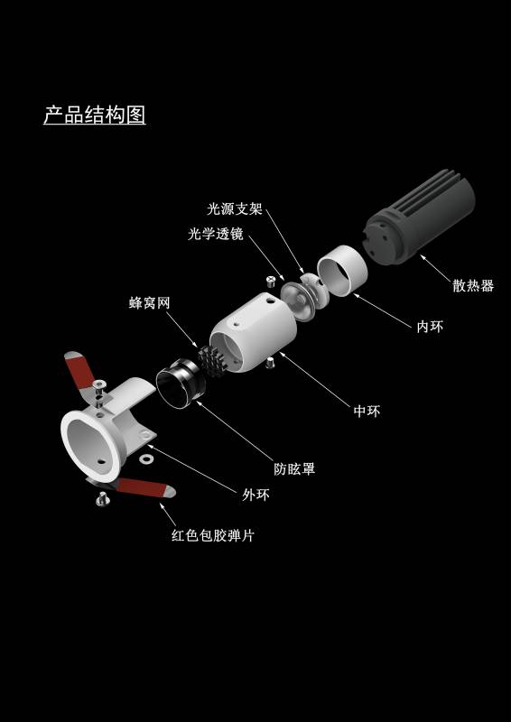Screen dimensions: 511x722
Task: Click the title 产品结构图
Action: click(95, 115)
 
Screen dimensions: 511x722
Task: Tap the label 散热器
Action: click(473, 286)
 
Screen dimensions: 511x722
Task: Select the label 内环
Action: click(430, 327)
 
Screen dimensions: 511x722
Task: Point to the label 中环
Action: click(367, 412)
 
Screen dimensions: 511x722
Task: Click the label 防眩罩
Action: click(294, 469)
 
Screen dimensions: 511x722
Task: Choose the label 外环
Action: click(255, 495)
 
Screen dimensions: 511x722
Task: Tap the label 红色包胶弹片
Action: click(212, 535)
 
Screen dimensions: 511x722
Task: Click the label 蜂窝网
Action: click(149, 303)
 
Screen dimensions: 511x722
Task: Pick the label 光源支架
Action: click(235, 209)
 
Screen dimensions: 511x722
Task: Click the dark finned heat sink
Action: click(419, 216)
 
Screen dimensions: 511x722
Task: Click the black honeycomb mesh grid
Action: click(212, 359)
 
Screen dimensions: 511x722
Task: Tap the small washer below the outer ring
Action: click(147, 459)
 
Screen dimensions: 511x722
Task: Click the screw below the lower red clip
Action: click(102, 499)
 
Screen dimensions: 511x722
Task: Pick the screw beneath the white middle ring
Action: click(270, 363)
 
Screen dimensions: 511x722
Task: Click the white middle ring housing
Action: click(254, 331)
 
